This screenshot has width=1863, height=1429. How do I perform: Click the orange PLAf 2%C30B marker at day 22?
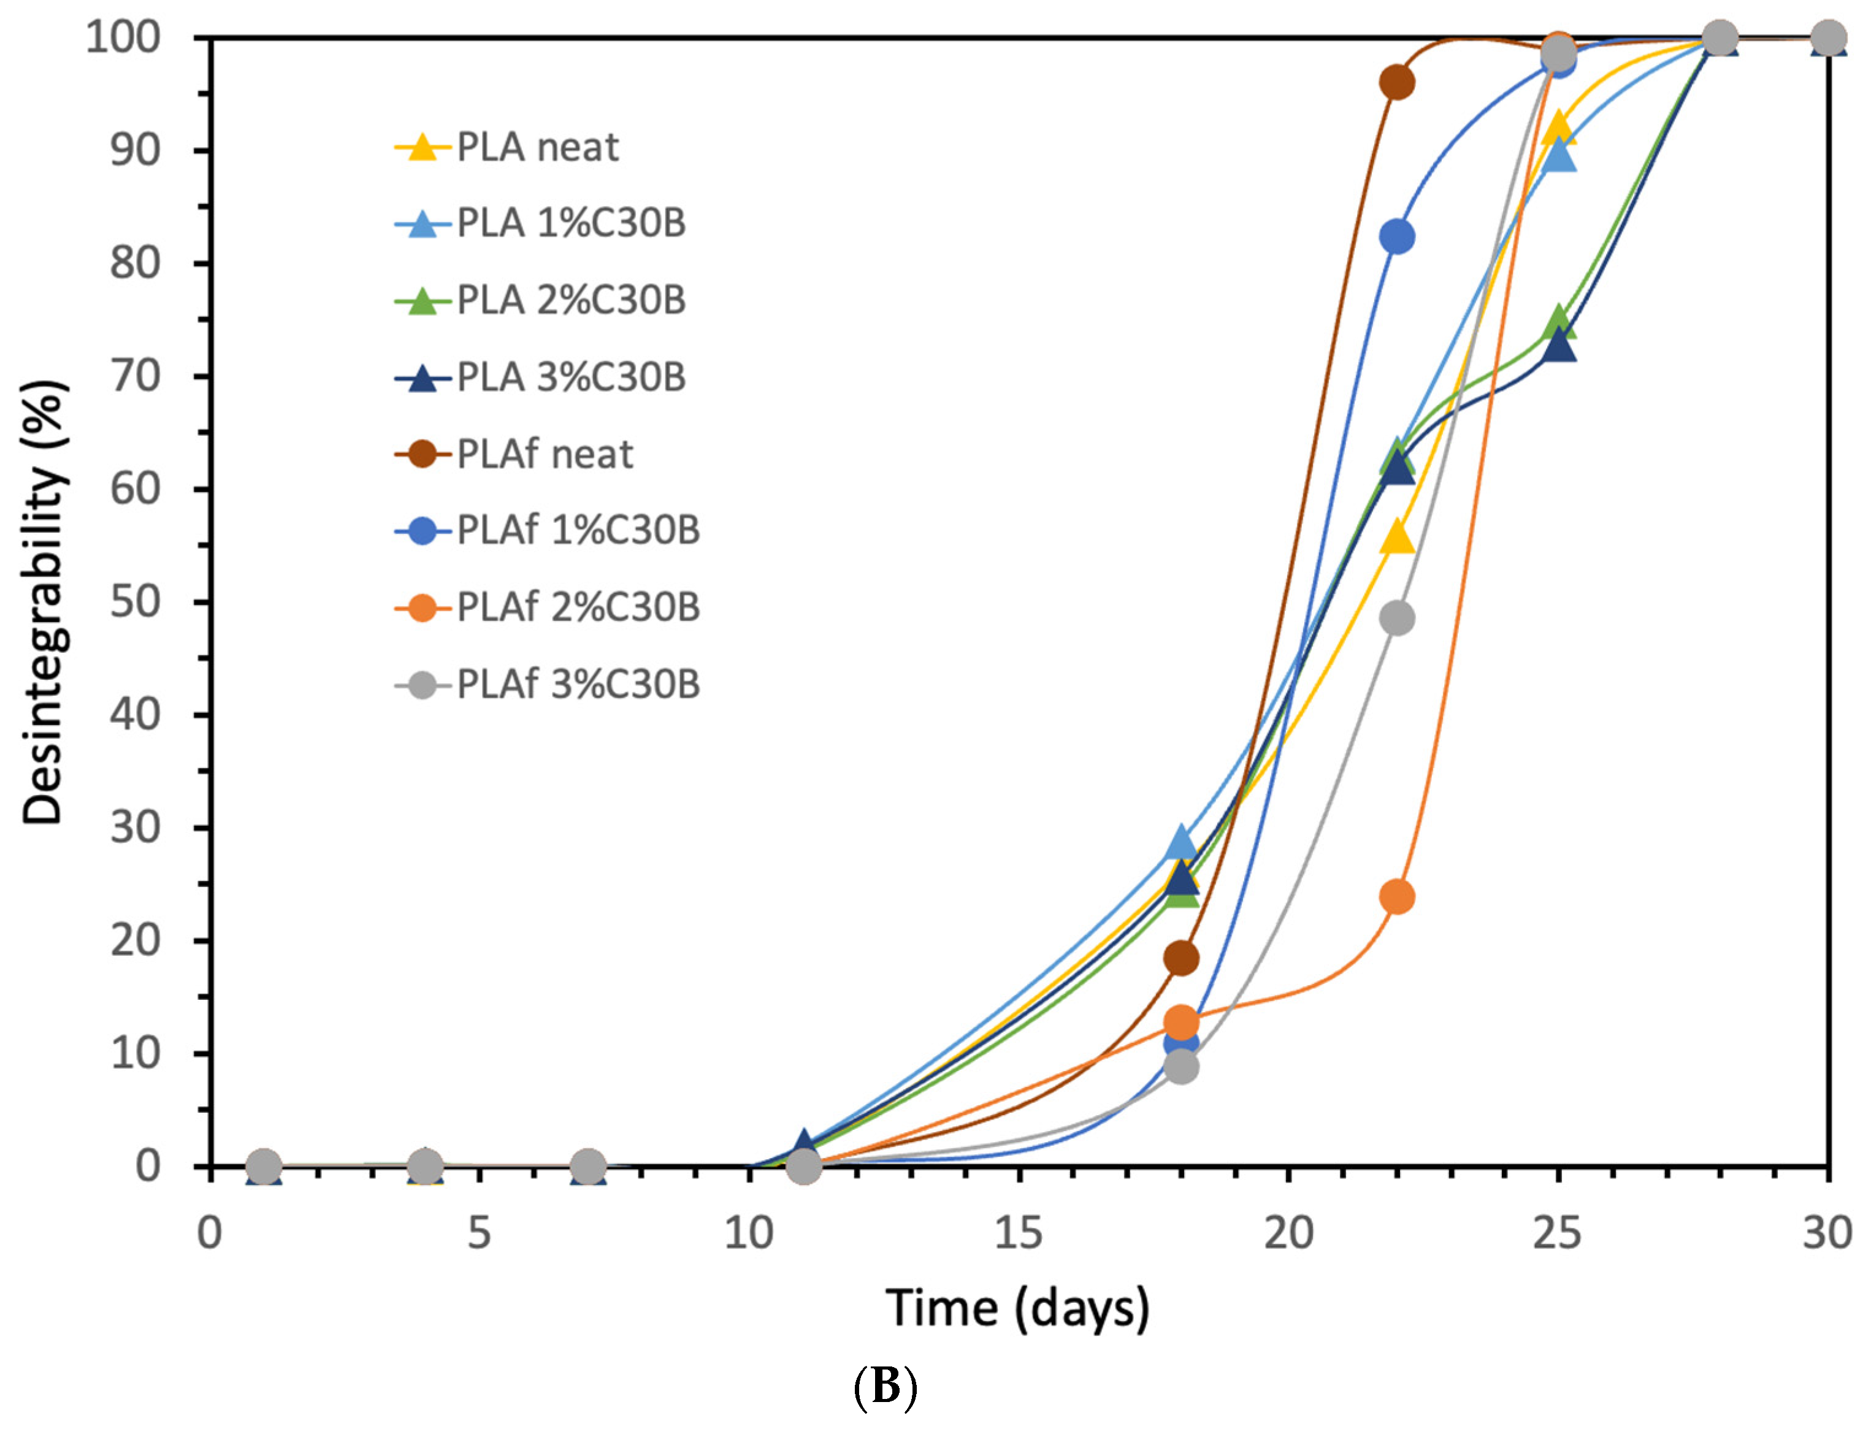pos(1397,896)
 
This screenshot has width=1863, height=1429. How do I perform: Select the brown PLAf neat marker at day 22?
pos(1397,83)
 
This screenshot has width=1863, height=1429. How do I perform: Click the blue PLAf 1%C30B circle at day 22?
pos(1397,237)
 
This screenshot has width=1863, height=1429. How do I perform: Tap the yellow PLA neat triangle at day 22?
pos(1397,538)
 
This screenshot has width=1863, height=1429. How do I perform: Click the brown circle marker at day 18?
pos(1180,959)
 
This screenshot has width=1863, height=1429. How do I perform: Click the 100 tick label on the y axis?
pos(123,37)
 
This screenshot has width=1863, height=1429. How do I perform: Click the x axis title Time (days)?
pos(1017,1308)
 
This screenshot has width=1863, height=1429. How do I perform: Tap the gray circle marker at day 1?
pos(264,1165)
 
